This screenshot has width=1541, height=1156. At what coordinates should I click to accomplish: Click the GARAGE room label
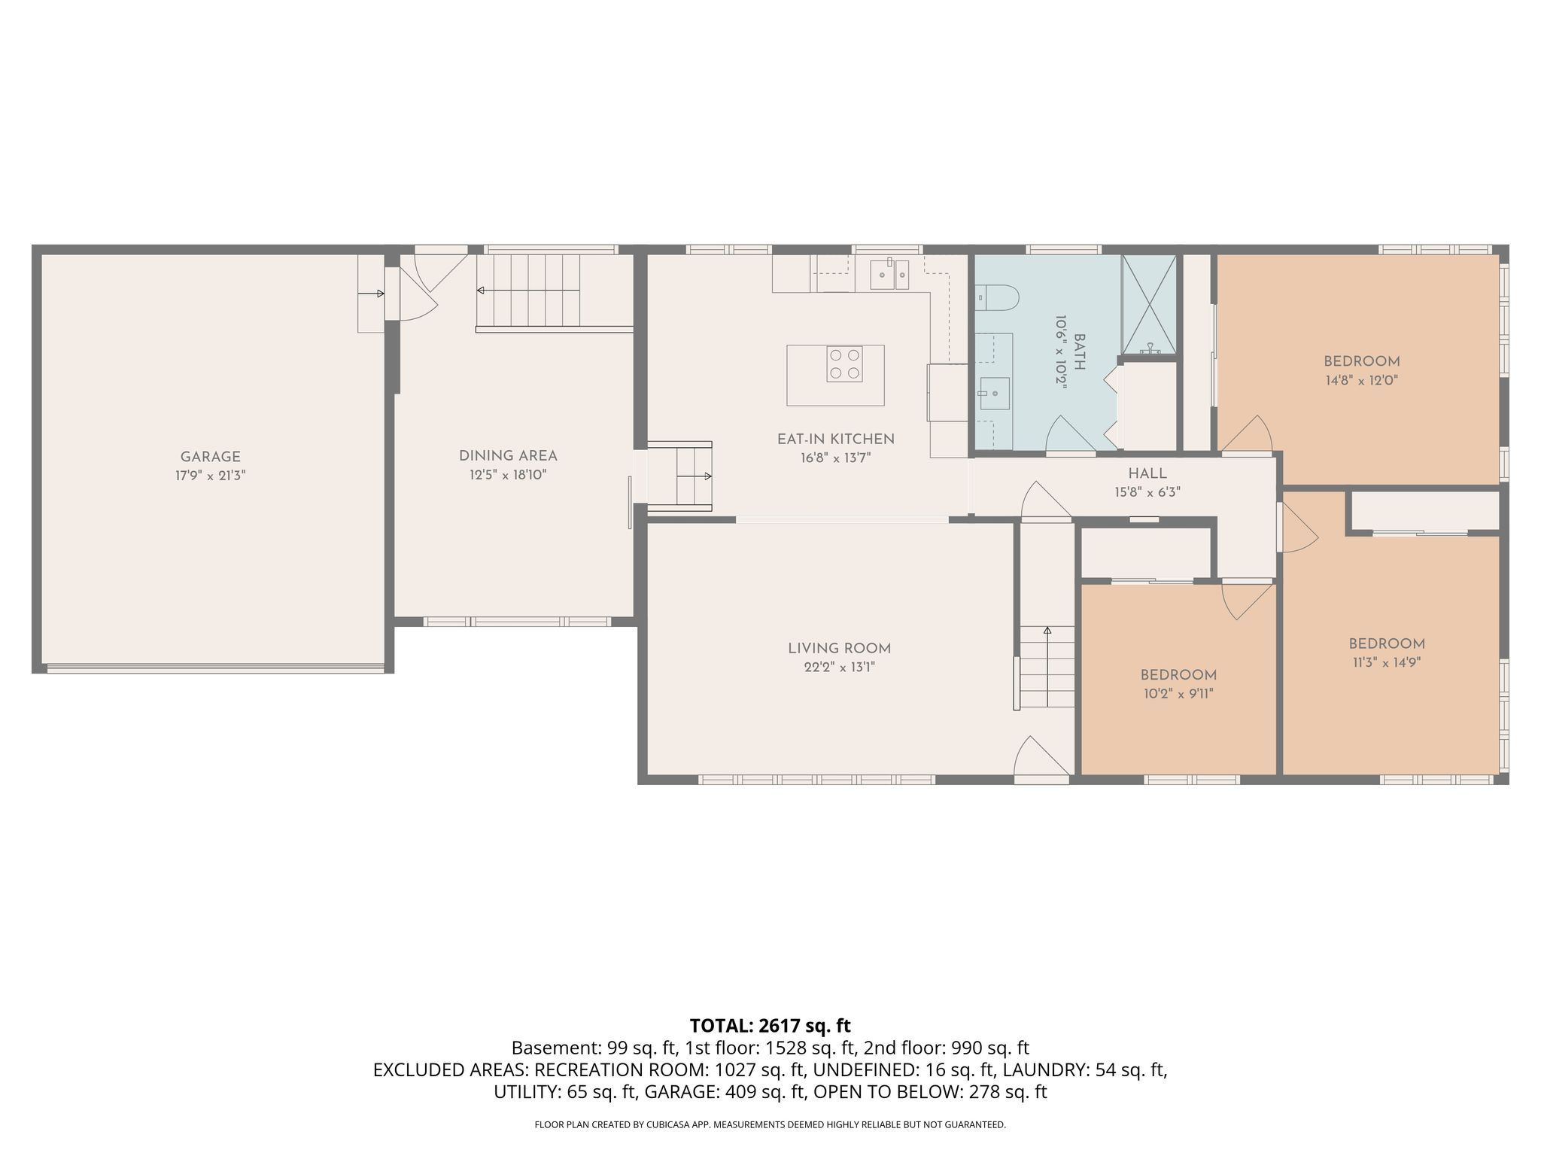(210, 457)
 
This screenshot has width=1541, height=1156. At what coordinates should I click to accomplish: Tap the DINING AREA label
(508, 456)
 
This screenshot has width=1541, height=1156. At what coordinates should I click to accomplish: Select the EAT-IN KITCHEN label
(835, 439)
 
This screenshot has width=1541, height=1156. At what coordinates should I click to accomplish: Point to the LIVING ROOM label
(839, 648)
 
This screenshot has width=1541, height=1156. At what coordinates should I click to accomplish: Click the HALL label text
(1147, 473)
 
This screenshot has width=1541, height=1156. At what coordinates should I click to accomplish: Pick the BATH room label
(1080, 352)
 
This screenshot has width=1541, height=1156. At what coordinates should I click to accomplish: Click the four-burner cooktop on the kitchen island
(844, 364)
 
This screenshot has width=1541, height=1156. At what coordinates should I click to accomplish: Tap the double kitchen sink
(889, 275)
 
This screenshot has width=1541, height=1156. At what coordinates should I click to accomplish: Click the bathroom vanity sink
(995, 394)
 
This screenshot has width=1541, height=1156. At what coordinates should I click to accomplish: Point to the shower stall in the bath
(1149, 304)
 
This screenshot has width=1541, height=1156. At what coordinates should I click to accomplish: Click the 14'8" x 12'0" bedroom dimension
(1362, 381)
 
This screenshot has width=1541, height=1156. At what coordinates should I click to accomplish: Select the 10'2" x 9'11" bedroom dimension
(1178, 694)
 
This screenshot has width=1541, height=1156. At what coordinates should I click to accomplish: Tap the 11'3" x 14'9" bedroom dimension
(1386, 663)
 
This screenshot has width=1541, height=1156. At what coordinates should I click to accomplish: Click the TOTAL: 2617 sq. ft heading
(770, 1025)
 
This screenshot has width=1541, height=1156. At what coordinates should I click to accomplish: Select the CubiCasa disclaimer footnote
(770, 1124)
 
